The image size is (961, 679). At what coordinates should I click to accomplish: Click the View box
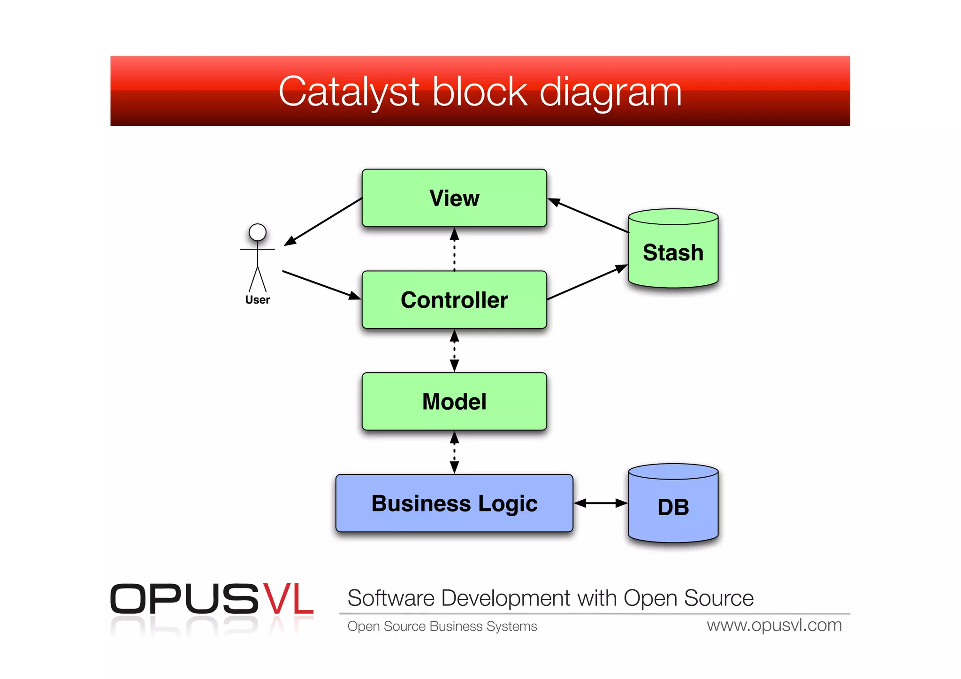pyautogui.click(x=454, y=198)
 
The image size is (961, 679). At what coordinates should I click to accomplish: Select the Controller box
pyautogui.click(x=454, y=300)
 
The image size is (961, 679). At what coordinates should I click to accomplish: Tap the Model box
pyautogui.click(x=454, y=402)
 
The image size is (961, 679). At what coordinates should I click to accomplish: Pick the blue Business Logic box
pyautogui.click(x=454, y=504)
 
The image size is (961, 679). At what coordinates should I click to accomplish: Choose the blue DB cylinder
pyautogui.click(x=673, y=507)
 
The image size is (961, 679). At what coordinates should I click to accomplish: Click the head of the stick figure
pyautogui.click(x=258, y=232)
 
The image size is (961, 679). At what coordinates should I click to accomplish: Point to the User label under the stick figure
pyautogui.click(x=258, y=300)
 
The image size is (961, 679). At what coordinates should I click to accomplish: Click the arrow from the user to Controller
pyautogui.click(x=321, y=285)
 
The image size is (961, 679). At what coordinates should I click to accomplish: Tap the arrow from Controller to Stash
pyautogui.click(x=587, y=282)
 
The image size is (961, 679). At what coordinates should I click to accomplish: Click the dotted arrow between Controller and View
pyautogui.click(x=454, y=249)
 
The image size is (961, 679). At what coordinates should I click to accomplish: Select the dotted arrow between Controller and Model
pyautogui.click(x=454, y=351)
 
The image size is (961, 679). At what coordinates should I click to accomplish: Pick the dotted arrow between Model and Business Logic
pyautogui.click(x=454, y=452)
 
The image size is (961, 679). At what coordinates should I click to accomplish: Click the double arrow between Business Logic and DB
pyautogui.click(x=601, y=503)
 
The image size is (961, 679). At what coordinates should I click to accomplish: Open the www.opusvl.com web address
pyautogui.click(x=774, y=626)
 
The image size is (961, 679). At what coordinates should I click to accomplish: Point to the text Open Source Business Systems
pyautogui.click(x=442, y=626)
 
